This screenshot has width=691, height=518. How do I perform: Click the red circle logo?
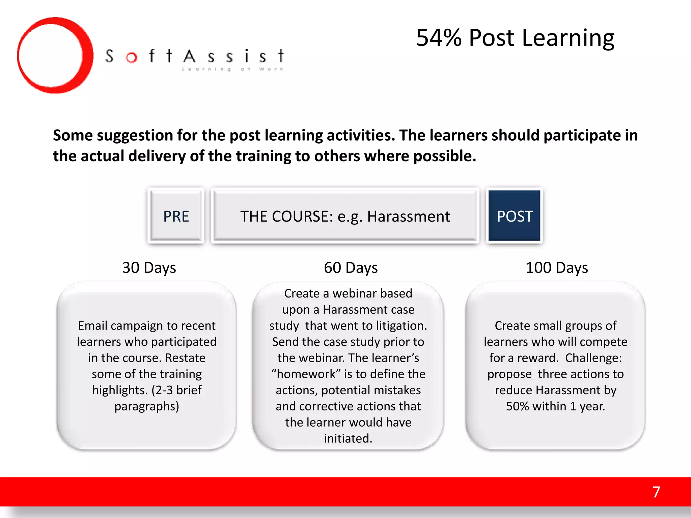(x=55, y=56)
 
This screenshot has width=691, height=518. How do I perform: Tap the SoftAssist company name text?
(x=195, y=56)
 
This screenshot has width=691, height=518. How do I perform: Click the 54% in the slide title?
(x=439, y=38)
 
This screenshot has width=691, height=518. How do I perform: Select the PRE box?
(x=176, y=216)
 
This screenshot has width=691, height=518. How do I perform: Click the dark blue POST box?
(x=515, y=216)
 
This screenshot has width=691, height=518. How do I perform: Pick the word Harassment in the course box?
(x=408, y=217)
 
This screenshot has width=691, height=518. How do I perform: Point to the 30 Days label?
(x=149, y=268)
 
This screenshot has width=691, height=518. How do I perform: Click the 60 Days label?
(x=351, y=268)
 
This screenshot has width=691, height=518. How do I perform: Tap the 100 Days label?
(x=557, y=268)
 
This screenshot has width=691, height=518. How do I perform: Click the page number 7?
(x=656, y=492)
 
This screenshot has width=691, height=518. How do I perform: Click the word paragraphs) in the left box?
(x=147, y=406)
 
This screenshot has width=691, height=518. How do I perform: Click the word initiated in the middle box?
(x=348, y=438)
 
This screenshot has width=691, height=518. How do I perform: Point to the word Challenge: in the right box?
(x=593, y=358)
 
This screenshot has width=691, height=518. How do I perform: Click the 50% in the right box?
(x=517, y=406)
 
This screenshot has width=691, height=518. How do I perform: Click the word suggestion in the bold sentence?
(x=135, y=136)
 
